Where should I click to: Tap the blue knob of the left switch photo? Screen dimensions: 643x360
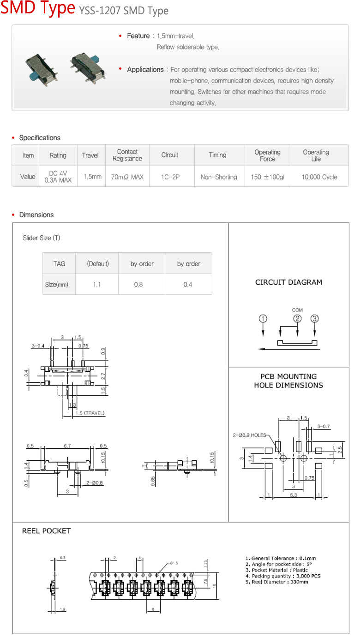34,75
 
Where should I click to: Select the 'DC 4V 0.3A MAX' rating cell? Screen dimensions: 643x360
58,177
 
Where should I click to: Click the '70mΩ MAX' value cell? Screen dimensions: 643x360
127,177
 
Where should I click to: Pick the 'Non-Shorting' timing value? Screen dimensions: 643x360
219,177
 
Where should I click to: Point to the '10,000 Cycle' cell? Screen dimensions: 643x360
319,177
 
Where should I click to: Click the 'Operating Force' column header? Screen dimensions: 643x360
268,155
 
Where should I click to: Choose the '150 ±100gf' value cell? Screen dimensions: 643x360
268,177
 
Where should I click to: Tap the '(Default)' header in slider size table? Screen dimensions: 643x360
98,264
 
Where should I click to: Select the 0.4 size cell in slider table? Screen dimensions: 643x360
188,285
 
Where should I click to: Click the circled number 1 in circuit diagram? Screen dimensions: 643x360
263,318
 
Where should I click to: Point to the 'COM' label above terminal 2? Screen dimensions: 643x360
297,310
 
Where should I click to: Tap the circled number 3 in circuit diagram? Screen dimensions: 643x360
315,318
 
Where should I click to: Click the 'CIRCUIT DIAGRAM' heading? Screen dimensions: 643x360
288,282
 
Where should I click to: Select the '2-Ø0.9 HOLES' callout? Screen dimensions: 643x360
249,435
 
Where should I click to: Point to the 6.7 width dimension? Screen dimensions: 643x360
67,446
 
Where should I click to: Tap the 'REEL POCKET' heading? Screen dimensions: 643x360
47,531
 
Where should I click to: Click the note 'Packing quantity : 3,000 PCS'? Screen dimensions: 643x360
283,576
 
